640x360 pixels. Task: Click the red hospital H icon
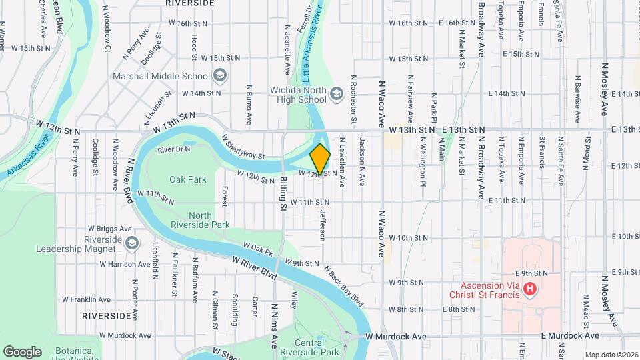[x=529, y=289]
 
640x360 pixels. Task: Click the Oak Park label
[x=187, y=179]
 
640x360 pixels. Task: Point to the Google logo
[x=22, y=352]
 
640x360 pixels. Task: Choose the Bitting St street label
[x=283, y=193]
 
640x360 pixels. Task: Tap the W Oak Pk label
[x=259, y=249]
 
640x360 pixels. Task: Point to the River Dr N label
[x=173, y=149]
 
